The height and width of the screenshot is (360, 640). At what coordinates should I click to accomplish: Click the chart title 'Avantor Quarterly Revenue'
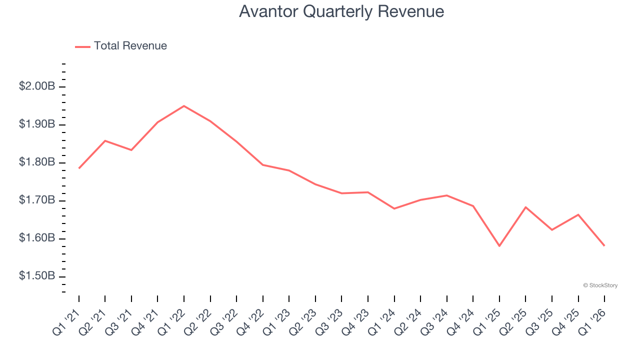pyautogui.click(x=341, y=11)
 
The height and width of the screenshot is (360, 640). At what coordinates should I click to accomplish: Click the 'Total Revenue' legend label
pyautogui.click(x=130, y=46)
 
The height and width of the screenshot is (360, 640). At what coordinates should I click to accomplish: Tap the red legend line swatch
pyautogui.click(x=82, y=46)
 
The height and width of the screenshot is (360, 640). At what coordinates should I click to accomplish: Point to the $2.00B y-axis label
pyautogui.click(x=37, y=86)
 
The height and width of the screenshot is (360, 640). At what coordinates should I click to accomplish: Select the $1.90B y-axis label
pyautogui.click(x=37, y=124)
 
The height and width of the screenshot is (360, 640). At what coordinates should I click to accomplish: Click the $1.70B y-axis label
pyautogui.click(x=37, y=200)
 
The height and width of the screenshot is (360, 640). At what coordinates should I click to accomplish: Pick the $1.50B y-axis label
pyautogui.click(x=37, y=276)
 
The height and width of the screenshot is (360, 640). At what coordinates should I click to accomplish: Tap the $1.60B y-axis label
pyautogui.click(x=37, y=238)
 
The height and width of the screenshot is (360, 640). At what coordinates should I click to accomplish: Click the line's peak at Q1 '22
pyautogui.click(x=184, y=106)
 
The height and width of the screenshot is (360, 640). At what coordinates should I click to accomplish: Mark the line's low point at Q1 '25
pyautogui.click(x=499, y=246)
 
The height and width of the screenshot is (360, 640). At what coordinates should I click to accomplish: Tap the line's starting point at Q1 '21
pyautogui.click(x=79, y=168)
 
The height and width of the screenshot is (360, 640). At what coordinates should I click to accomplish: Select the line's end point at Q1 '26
pyautogui.click(x=604, y=245)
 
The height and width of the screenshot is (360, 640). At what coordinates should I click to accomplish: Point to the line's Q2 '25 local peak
pyautogui.click(x=525, y=207)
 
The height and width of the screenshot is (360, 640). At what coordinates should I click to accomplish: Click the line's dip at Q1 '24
pyautogui.click(x=394, y=208)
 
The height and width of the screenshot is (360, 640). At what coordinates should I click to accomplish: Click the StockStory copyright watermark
pyautogui.click(x=600, y=285)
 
